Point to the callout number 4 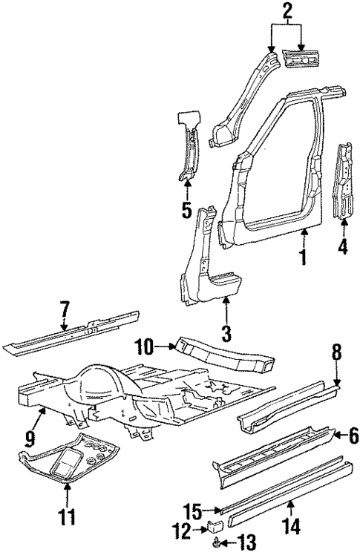342,246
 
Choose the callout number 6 353,436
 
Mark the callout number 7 65,306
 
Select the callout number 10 146,346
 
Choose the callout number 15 192,510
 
